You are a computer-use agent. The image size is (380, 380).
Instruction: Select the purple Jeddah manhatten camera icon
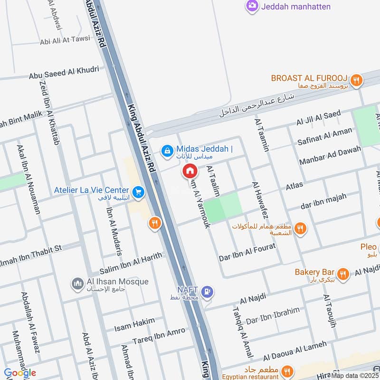pyautogui.click(x=252, y=6)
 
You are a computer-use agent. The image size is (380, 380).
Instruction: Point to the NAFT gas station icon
pyautogui.click(x=207, y=292)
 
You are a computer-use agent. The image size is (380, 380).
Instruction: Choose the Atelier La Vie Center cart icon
pyautogui.click(x=138, y=192)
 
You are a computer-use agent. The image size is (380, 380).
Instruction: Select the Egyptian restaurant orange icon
pyautogui.click(x=286, y=371)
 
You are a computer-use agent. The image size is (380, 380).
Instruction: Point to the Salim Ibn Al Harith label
pyautogui.click(x=130, y=262)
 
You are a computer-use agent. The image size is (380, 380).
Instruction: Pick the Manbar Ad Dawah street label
pyautogui.click(x=330, y=155)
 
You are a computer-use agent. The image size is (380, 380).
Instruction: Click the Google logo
pyautogui.click(x=20, y=373)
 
